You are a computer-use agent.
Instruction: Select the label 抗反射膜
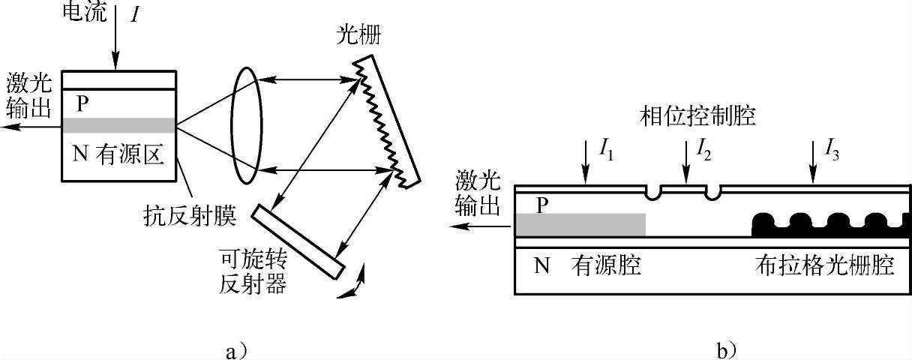(190, 217)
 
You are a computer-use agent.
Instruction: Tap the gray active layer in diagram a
(119, 124)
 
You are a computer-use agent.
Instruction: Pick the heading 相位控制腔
(697, 115)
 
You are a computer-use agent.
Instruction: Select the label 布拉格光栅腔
(824, 266)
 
